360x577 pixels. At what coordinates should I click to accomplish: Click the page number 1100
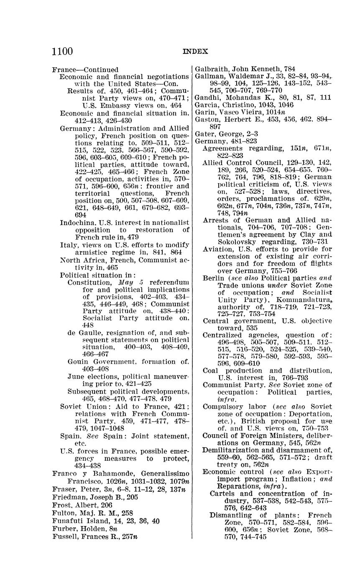click(62, 51)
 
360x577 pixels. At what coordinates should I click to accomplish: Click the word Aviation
click(217, 249)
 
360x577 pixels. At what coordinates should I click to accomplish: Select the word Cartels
click(222, 493)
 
